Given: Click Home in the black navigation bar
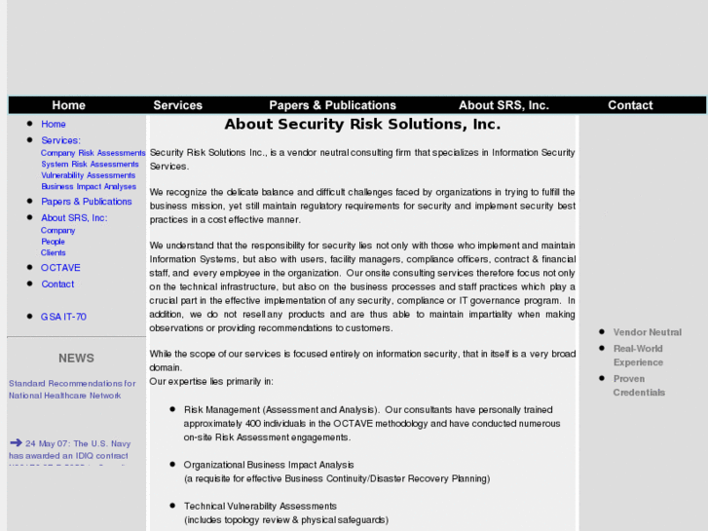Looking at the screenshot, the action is (68, 105).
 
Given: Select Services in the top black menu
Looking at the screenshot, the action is (177, 105).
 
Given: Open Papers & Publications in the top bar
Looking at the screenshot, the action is (332, 105).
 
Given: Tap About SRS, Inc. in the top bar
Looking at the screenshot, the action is (503, 105).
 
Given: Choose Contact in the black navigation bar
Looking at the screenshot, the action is (630, 105).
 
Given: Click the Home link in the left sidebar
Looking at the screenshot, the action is (54, 125).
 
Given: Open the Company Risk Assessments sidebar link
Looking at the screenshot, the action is (93, 153).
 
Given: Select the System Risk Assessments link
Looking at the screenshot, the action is (90, 165).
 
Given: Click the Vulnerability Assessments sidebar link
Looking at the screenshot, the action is (88, 175).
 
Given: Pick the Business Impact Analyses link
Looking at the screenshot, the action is (89, 187).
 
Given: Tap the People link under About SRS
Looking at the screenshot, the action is (53, 242).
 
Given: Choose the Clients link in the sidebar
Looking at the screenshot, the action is (53, 253).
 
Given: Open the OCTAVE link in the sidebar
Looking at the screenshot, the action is (60, 268).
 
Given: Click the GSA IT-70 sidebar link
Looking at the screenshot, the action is (63, 318).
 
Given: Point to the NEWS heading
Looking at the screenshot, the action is (76, 359).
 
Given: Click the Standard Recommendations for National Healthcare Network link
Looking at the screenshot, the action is (72, 390).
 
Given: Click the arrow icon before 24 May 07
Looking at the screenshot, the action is (16, 443).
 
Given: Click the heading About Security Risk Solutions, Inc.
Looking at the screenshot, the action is (362, 125).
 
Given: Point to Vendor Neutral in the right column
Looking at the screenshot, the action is (647, 332).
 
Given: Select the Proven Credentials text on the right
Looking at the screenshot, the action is (639, 386).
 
